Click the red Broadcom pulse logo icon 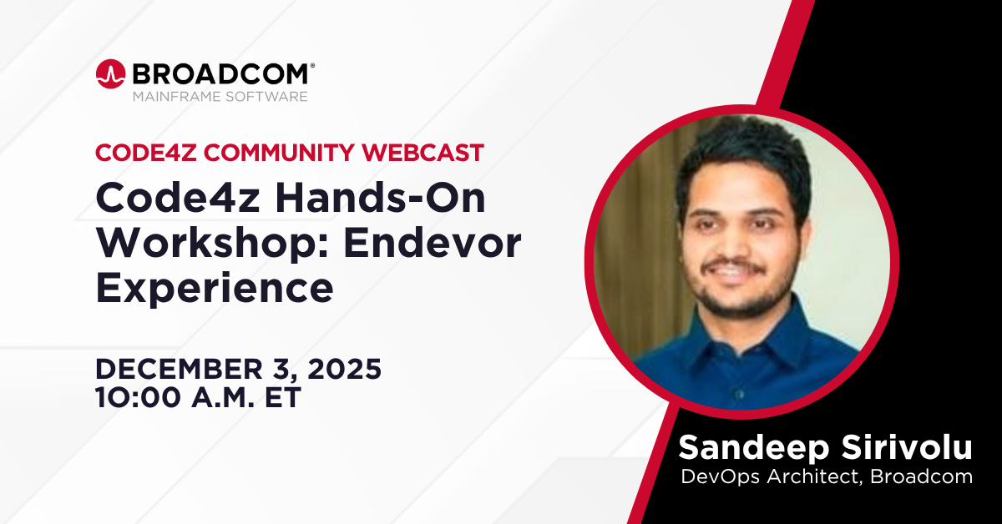[x=110, y=73]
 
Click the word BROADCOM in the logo [x=220, y=73]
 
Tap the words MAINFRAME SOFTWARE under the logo [x=220, y=97]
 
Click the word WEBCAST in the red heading [x=423, y=153]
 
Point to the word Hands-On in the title [x=380, y=198]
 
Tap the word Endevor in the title [x=433, y=244]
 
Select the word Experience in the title [x=215, y=290]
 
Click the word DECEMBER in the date [x=179, y=370]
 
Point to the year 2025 [x=344, y=370]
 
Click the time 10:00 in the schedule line [x=139, y=397]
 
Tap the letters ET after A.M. [x=283, y=397]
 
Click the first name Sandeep [x=754, y=448]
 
